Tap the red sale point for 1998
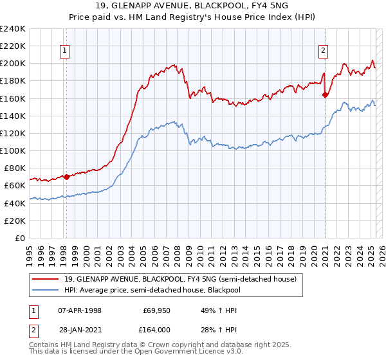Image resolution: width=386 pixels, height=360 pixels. point(66,177)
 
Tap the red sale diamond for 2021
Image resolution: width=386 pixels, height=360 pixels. point(326,95)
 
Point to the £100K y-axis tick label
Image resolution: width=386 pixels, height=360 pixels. point(13,150)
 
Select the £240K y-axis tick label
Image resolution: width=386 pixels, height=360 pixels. point(13,29)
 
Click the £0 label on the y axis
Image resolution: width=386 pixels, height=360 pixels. point(19,238)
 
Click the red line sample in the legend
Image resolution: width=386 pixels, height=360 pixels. point(46,279)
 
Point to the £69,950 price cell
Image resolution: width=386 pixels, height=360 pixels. point(156,310)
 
